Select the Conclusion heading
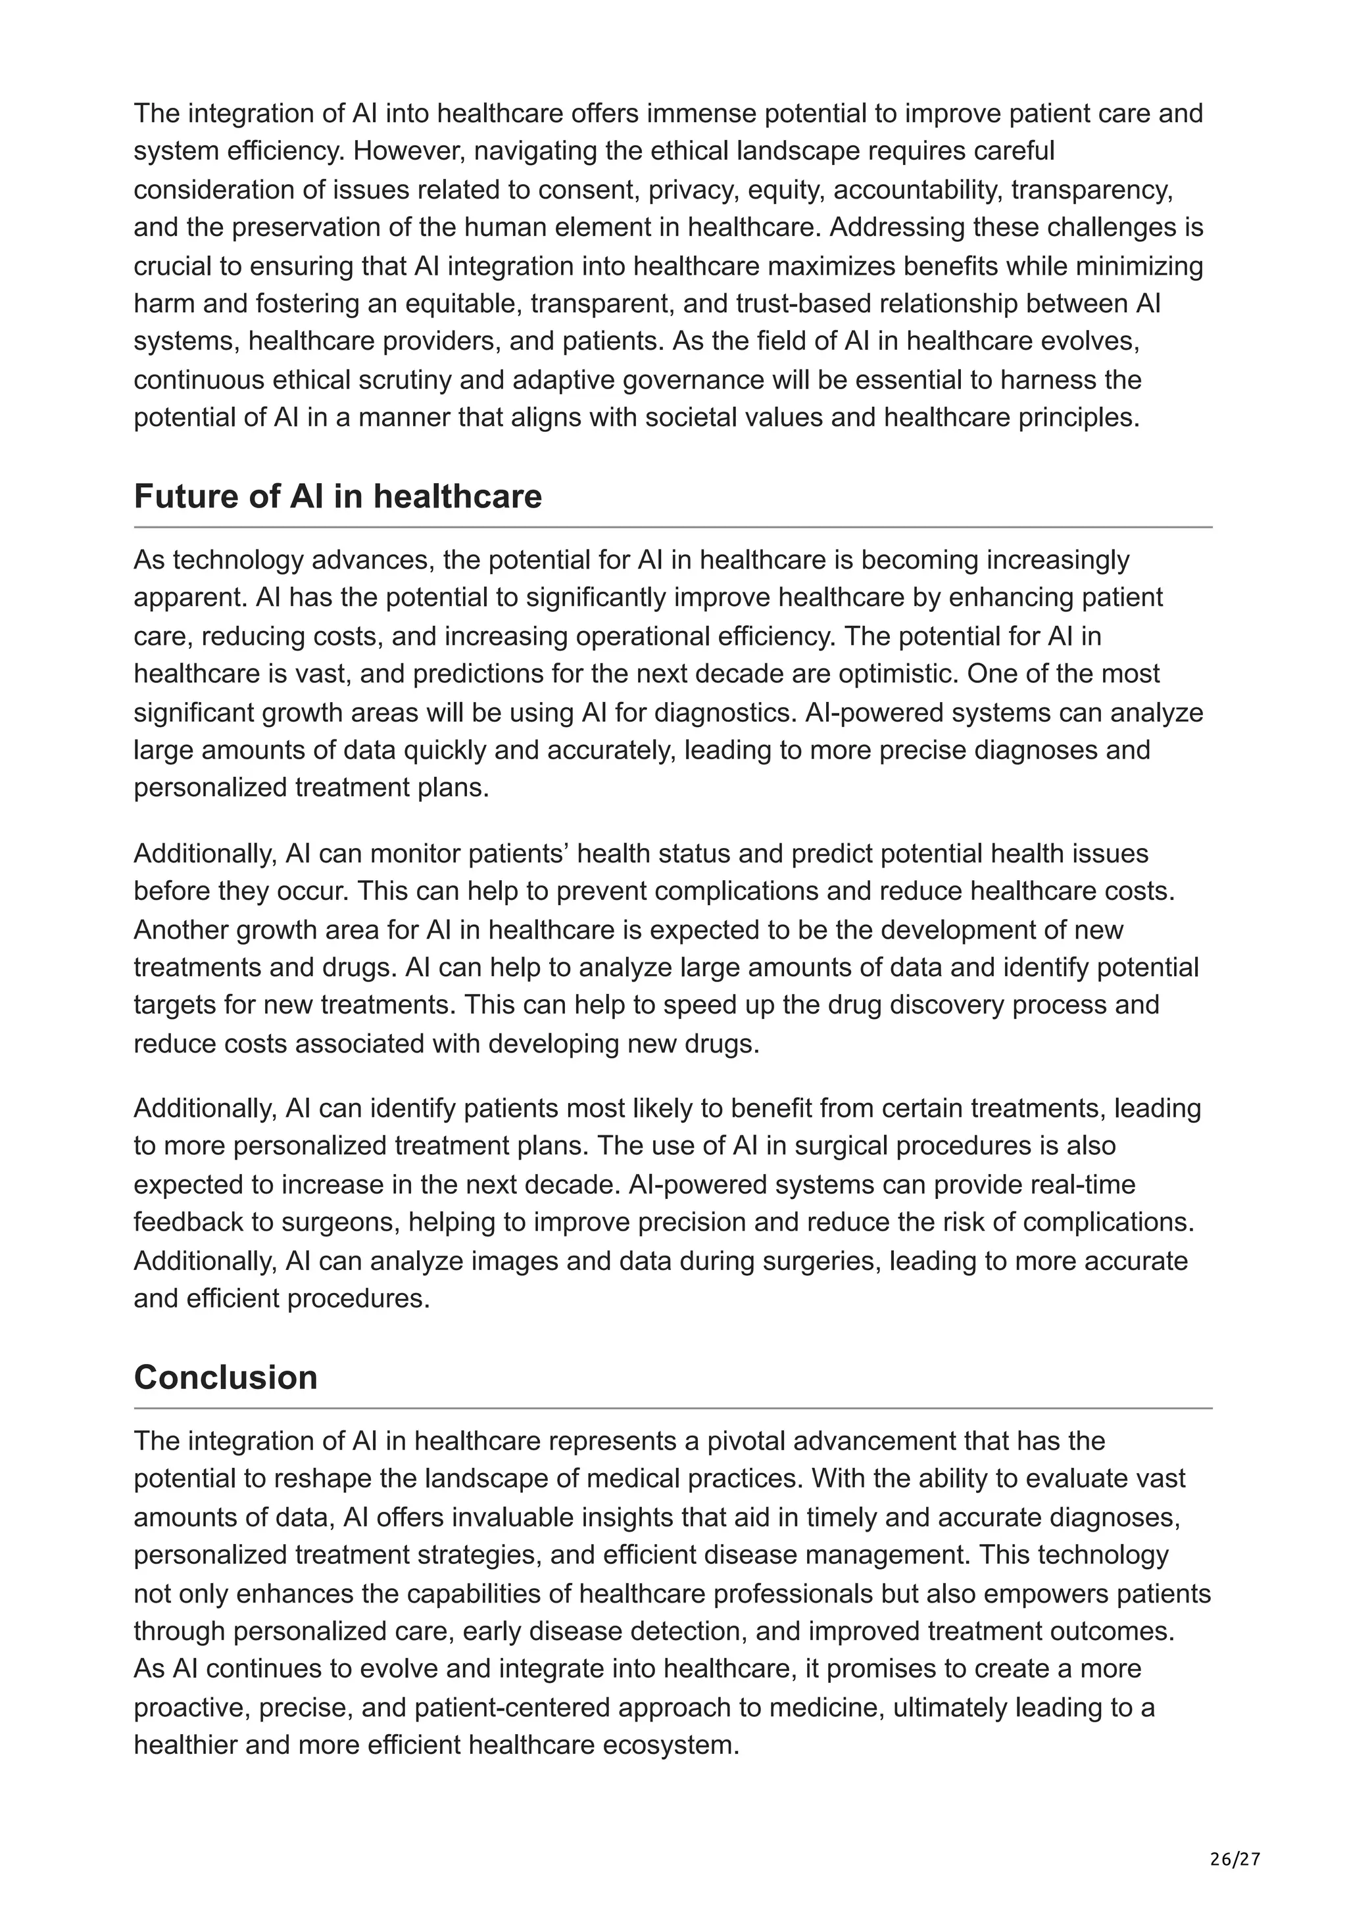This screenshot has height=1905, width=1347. pos(225,1377)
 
